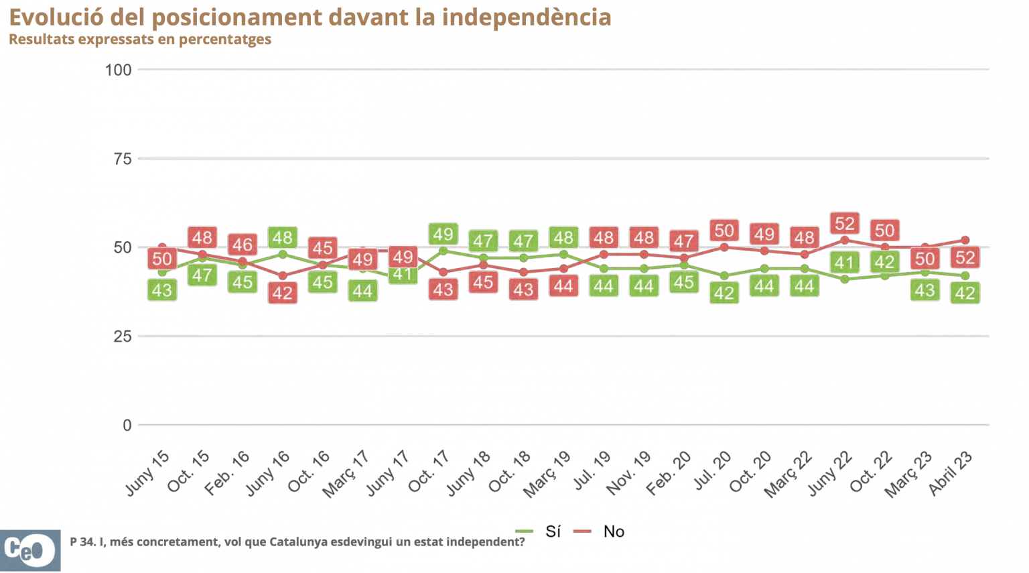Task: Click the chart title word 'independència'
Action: [x=526, y=17]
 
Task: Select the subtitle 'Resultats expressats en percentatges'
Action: [x=140, y=39]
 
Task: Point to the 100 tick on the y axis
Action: [x=118, y=70]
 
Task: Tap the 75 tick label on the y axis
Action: [x=123, y=159]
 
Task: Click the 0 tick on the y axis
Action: [x=127, y=426]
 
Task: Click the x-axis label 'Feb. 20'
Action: [x=669, y=473]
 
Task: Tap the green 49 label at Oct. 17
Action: [x=443, y=235]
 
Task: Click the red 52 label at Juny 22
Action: [x=845, y=223]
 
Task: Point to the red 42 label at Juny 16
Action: [x=282, y=293]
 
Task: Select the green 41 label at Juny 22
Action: [x=844, y=263]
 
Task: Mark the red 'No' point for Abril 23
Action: [x=965, y=240]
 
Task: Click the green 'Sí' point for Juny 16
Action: [x=283, y=255]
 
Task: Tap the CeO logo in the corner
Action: [x=30, y=550]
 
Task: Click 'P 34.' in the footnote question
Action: [x=82, y=542]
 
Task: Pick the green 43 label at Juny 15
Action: [x=162, y=290]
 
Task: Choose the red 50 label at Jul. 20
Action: [x=724, y=231]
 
